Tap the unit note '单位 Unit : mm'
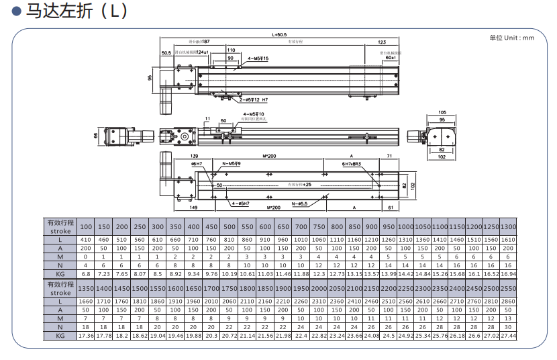point(512,38)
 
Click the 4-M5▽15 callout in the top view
point(258,59)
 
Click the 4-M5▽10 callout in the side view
point(254,115)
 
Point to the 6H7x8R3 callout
point(352,164)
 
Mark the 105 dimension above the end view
point(442,112)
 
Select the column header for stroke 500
point(230,226)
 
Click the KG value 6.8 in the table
point(86,273)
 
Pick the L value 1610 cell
point(508,240)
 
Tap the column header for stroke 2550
point(508,287)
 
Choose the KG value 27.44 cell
point(508,334)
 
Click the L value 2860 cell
point(508,302)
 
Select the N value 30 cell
point(508,326)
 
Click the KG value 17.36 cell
point(86,334)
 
